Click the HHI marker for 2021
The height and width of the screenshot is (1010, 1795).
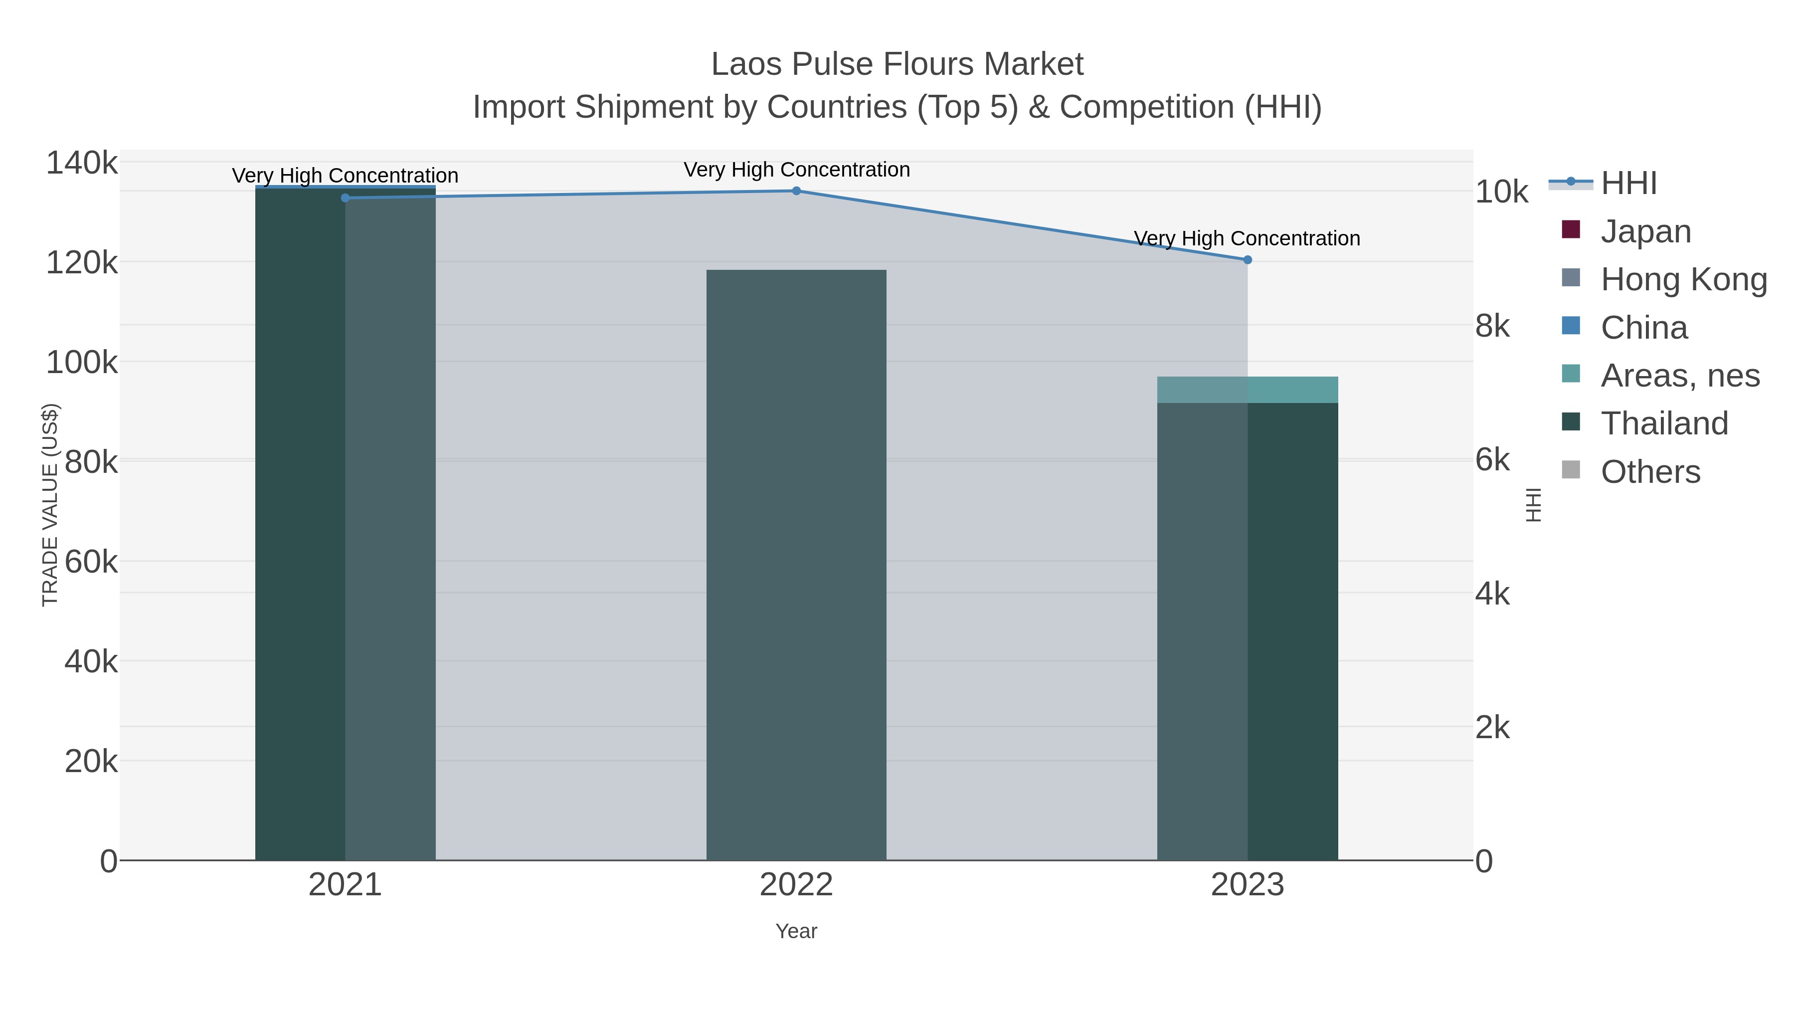[x=345, y=198]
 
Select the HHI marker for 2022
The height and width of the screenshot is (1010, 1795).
[x=796, y=191]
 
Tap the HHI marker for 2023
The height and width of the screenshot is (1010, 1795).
[x=1248, y=260]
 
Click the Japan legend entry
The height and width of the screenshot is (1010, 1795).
[x=1645, y=231]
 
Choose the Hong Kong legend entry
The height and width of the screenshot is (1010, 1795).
[x=1683, y=279]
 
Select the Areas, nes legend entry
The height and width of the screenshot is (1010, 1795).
[x=1679, y=376]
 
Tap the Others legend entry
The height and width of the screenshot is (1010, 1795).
[x=1650, y=472]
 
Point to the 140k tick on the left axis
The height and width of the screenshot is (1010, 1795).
[x=82, y=164]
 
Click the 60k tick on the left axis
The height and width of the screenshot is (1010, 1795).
[x=91, y=562]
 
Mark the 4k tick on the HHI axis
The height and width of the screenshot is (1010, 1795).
[x=1492, y=595]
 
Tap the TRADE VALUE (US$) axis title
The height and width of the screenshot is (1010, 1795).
[x=50, y=505]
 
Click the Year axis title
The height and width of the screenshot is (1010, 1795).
[x=796, y=931]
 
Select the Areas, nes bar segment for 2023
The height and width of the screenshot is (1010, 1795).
[x=1248, y=390]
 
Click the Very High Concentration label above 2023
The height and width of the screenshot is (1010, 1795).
[x=1248, y=238]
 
